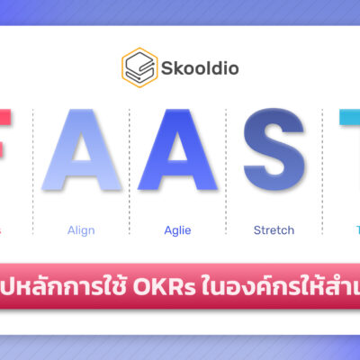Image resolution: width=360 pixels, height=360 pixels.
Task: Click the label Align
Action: [81, 230]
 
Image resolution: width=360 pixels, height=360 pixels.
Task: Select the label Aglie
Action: [176, 230]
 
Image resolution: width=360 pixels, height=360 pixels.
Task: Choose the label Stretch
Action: [274, 230]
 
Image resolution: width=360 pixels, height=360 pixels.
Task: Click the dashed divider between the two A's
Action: [129, 171]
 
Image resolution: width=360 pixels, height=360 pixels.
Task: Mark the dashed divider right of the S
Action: [321, 171]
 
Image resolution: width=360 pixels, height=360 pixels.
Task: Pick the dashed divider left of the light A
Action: [33, 171]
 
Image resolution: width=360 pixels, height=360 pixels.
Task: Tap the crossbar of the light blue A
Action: [82, 175]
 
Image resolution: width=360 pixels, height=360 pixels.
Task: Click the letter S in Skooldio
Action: [165, 67]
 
